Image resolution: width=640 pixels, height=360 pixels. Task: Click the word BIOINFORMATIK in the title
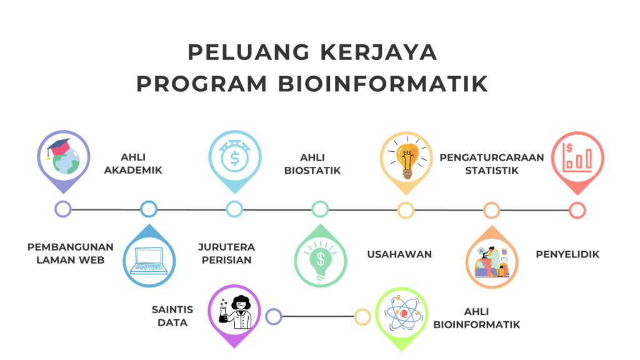pos(383,84)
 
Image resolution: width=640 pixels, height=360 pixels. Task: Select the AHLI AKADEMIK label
pos(133,163)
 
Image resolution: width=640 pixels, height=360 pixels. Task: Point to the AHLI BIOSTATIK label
pos(312,164)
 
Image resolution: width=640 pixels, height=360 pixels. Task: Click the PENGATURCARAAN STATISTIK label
pos(491,164)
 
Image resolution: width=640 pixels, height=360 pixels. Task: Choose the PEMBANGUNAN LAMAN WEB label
pos(70,253)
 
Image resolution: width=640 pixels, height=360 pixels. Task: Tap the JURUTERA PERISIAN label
pos(226,253)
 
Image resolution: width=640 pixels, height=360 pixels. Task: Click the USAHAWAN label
pos(399,254)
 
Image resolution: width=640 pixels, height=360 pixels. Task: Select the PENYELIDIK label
pos(567,254)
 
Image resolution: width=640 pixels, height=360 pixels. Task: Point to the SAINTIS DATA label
pos(172,316)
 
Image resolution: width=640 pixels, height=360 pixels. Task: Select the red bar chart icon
pos(577,157)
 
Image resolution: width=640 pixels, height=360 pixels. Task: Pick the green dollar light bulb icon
pos(321,260)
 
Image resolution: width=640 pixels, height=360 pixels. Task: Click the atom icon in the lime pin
pos(402,313)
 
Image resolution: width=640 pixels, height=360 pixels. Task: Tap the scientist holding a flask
pos(236,312)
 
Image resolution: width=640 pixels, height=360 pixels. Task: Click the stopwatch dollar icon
pos(235,156)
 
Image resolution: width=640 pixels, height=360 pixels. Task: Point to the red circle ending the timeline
pos(577,211)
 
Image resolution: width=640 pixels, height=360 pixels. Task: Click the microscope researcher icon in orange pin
pos(492,262)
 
